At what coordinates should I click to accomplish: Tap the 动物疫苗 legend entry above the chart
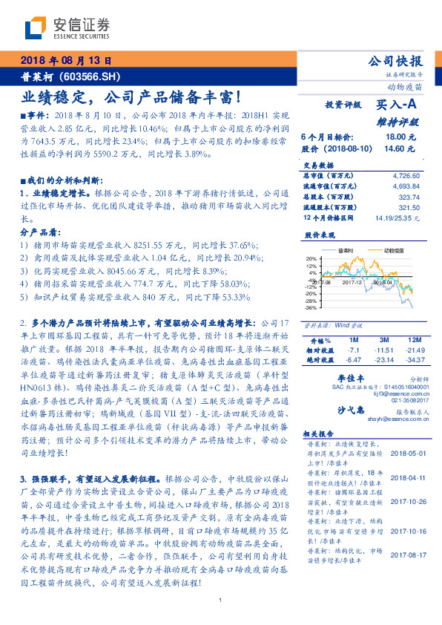pyautogui.click(x=392, y=250)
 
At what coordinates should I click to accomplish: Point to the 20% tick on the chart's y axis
pyautogui.click(x=311, y=258)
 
